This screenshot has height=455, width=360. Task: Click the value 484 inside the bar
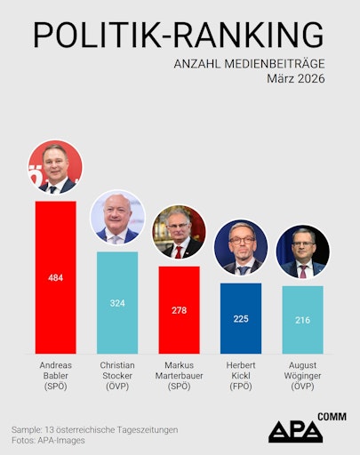(x=55, y=278)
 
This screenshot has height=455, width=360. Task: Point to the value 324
(x=117, y=304)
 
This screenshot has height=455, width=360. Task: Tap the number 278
(x=179, y=310)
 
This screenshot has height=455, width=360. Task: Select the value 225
(x=241, y=319)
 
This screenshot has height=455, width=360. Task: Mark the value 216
(x=302, y=320)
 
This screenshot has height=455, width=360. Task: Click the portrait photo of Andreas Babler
(x=55, y=167)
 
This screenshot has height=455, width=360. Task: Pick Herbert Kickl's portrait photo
(x=241, y=250)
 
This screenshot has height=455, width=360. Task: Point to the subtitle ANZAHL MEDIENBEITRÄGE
(x=250, y=63)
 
